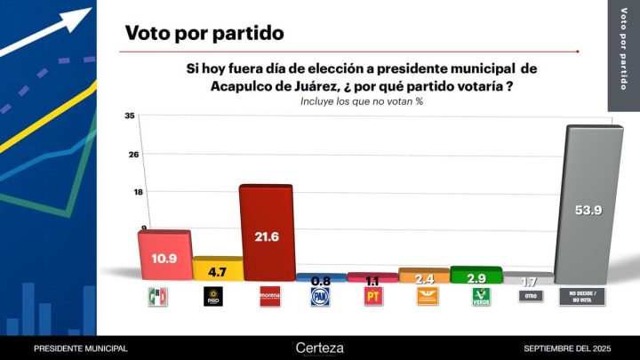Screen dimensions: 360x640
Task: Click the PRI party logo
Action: point(157,297)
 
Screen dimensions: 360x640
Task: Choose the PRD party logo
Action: point(213,297)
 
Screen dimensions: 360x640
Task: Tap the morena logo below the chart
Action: point(268,297)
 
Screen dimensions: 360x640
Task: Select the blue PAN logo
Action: point(320,297)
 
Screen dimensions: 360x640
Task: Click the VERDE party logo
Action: point(481,297)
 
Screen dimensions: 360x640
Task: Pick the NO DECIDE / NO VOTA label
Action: point(581,297)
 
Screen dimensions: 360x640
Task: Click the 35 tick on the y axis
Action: point(130,116)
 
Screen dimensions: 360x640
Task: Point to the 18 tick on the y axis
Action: point(130,191)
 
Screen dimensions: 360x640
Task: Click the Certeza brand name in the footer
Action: point(319,348)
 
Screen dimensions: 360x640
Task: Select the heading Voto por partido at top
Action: point(204,34)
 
